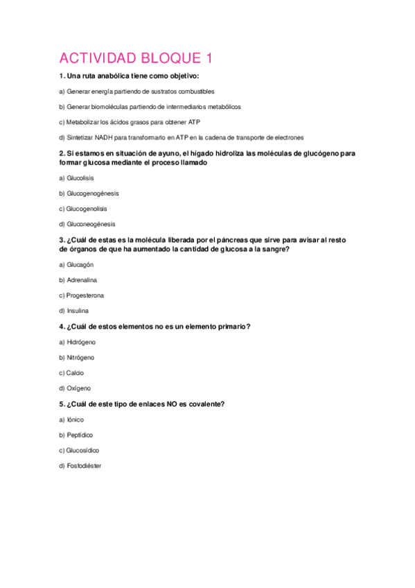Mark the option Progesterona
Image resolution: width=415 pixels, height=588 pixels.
tap(85, 295)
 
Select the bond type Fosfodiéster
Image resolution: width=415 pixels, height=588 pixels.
tap(84, 466)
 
